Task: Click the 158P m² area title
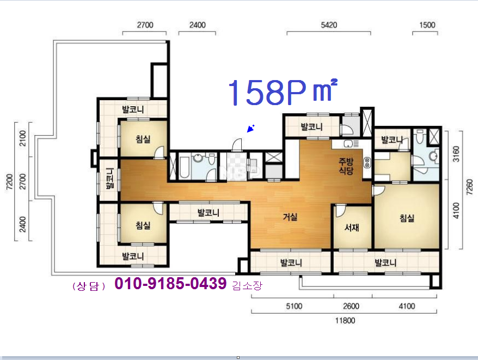(283, 92)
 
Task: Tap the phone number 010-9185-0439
(170, 283)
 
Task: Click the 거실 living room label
(290, 217)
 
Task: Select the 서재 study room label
(352, 227)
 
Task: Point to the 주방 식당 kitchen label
(346, 166)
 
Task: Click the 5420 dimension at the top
(329, 25)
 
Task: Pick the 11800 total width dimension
(345, 320)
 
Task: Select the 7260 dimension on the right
(469, 187)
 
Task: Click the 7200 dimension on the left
(10, 181)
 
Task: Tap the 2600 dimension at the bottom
(351, 306)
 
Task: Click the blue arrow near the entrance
(250, 129)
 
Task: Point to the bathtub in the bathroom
(185, 167)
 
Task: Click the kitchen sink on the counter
(348, 143)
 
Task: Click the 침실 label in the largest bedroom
(407, 218)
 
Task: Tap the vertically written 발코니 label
(110, 179)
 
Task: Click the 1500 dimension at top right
(427, 25)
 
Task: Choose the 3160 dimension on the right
(456, 154)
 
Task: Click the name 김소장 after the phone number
(247, 285)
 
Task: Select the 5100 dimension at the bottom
(294, 306)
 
